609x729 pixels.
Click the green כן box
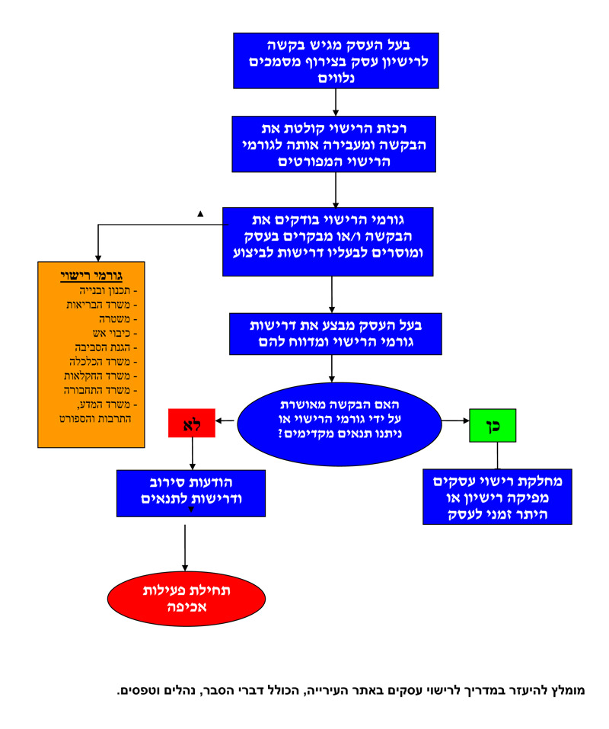coord(493,425)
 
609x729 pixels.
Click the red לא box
coord(192,423)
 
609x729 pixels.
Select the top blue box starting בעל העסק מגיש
coord(336,60)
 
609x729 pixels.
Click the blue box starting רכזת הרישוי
coord(334,145)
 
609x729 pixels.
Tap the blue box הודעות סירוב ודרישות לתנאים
coord(191,493)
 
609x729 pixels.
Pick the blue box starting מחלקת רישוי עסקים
coord(497,496)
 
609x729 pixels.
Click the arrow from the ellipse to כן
coord(454,420)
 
